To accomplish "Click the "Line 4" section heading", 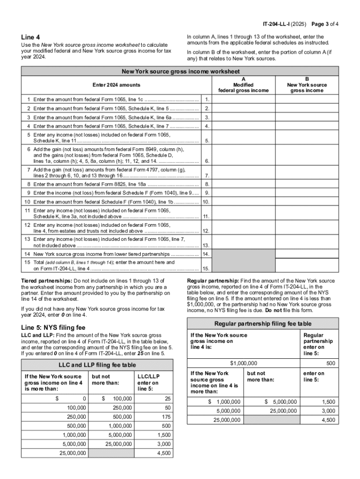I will tap(30, 37).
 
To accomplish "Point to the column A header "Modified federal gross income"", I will tap(244, 85).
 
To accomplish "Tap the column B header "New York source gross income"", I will tap(307, 85).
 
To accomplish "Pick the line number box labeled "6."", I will tap(207, 161).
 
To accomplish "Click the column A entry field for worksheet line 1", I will tap(244, 100).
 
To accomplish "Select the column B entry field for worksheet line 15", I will tap(307, 265).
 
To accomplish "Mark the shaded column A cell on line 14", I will tap(244, 254).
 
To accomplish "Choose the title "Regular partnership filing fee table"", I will tap(262, 324).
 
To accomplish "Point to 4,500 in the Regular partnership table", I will tap(328, 420).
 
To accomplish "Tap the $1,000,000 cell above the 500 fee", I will tap(243, 363).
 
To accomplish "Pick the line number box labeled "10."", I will tap(206, 202).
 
